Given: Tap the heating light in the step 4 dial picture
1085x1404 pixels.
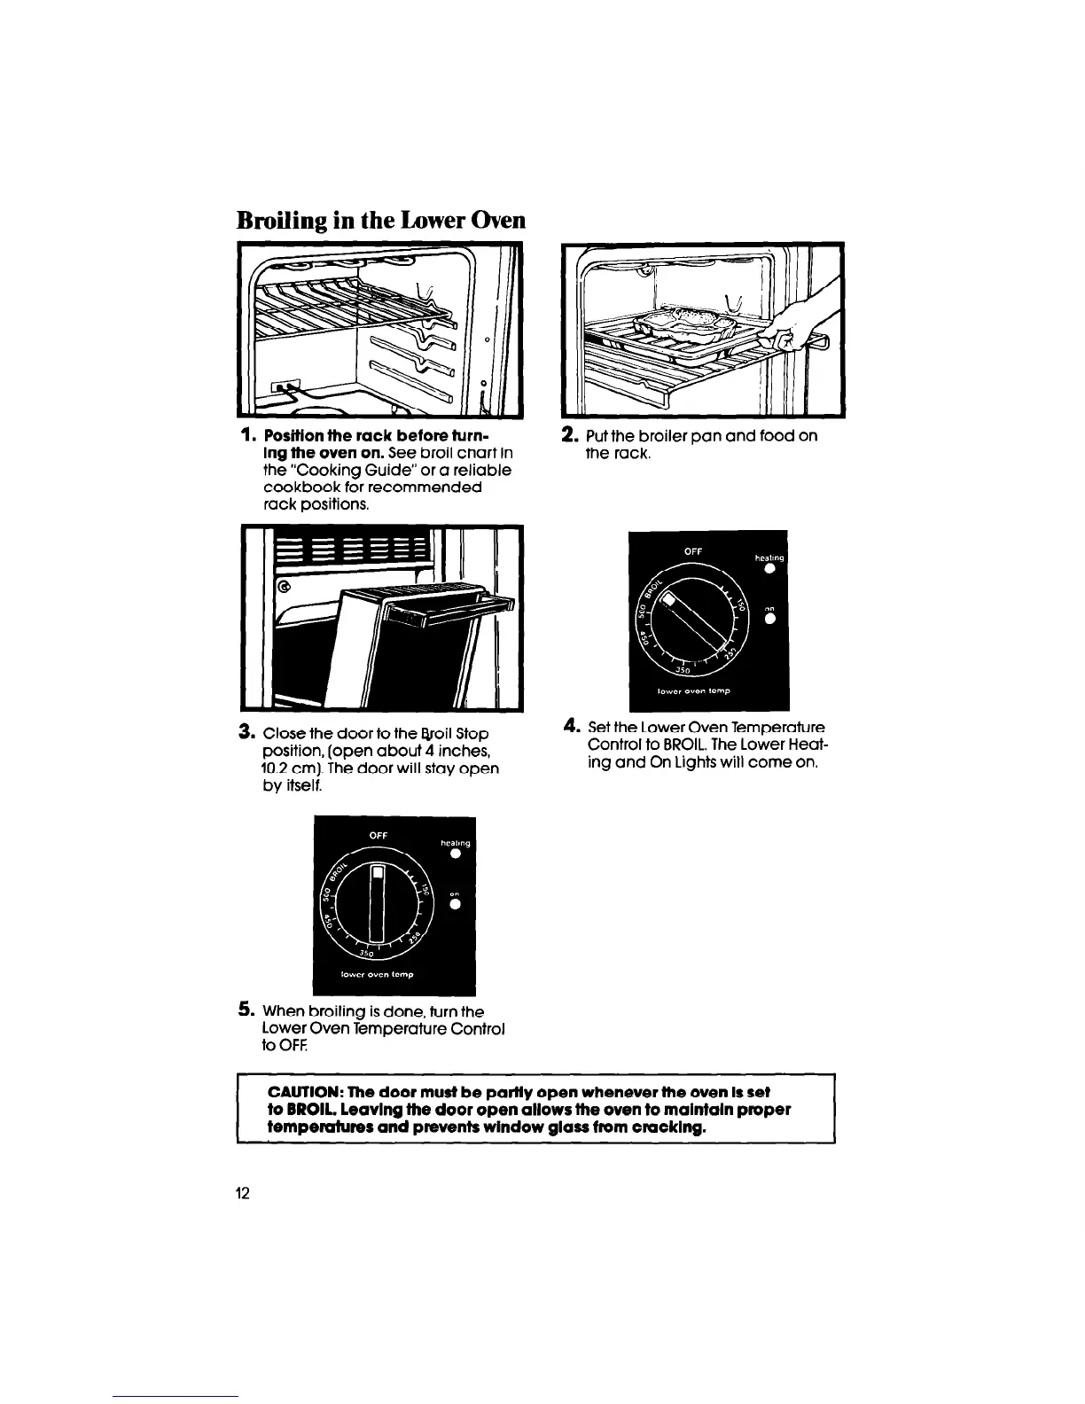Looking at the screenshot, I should click(x=770, y=569).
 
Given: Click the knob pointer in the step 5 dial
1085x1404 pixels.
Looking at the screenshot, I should click(x=379, y=903).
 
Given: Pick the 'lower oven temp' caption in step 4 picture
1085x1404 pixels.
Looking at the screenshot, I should click(x=706, y=689).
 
